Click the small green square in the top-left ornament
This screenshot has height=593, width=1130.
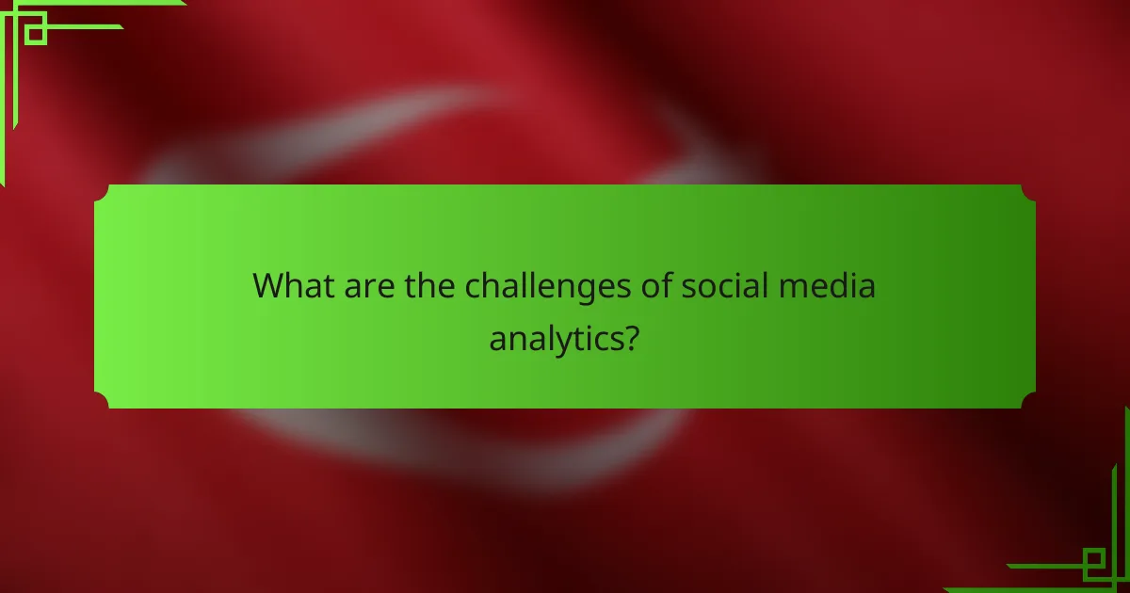(36, 34)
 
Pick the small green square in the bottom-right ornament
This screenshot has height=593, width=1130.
(1094, 562)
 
